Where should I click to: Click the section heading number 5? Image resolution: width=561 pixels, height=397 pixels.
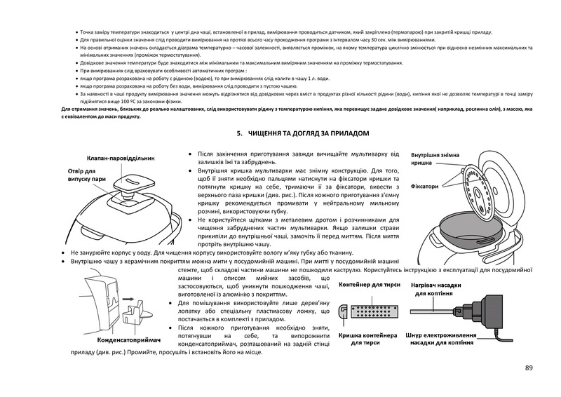(x=238, y=133)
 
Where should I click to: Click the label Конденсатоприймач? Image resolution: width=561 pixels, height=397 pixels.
(x=130, y=339)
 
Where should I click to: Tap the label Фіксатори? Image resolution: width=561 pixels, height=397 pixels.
(x=426, y=187)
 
